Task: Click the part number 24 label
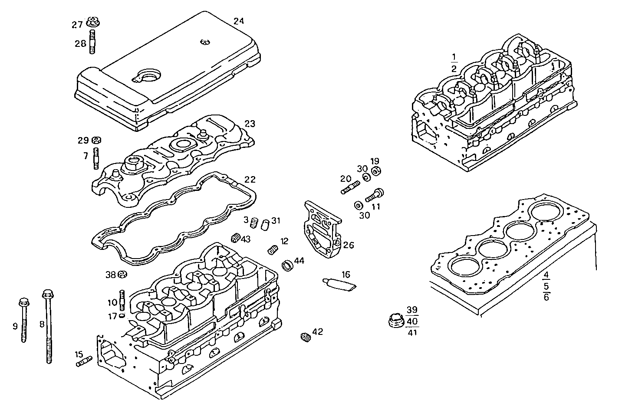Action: pos(239,21)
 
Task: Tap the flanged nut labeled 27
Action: pos(92,21)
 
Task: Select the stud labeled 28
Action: pos(92,43)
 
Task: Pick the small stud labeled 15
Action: pos(84,361)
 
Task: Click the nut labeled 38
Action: pos(122,274)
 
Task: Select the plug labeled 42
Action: pos(305,337)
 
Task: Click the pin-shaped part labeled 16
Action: pos(339,284)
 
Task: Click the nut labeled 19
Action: pos(376,170)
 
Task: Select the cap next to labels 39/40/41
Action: pos(395,321)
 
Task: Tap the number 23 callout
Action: pos(250,124)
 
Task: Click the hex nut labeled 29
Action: pos(97,140)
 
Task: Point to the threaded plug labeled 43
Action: pos(236,237)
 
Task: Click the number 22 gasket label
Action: pos(250,179)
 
